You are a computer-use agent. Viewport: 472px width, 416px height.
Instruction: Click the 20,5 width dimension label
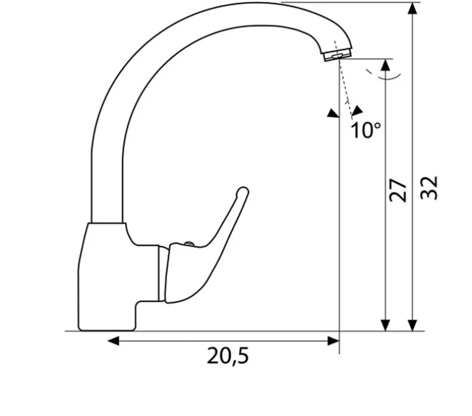228,356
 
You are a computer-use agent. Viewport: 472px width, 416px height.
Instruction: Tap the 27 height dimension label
398,191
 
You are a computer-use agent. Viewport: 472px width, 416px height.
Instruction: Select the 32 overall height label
429,188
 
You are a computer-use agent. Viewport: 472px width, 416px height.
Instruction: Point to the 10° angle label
366,130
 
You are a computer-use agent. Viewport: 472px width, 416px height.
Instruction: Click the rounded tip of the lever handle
242,192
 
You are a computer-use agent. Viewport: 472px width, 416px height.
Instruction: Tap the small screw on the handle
189,243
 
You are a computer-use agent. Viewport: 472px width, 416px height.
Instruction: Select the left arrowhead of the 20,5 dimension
113,341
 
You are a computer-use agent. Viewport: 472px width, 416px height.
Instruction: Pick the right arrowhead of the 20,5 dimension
333,341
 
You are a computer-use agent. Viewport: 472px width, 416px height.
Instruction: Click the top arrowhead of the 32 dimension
412,8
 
